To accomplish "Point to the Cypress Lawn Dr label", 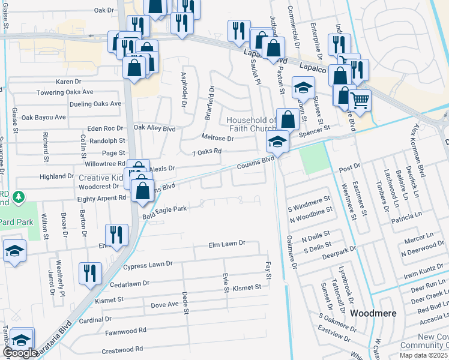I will click(148, 264).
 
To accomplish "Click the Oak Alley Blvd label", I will click(154, 128).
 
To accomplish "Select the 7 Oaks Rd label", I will click(206, 152).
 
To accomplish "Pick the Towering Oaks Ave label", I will click(65, 92).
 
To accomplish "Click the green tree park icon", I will click(19, 196).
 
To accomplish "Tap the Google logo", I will click(20, 353).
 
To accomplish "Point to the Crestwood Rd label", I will click(123, 349).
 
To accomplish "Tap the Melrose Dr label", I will click(217, 138).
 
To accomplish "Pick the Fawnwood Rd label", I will click(126, 331).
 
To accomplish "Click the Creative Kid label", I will click(101, 178).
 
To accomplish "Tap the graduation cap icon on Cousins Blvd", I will click(277, 143).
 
